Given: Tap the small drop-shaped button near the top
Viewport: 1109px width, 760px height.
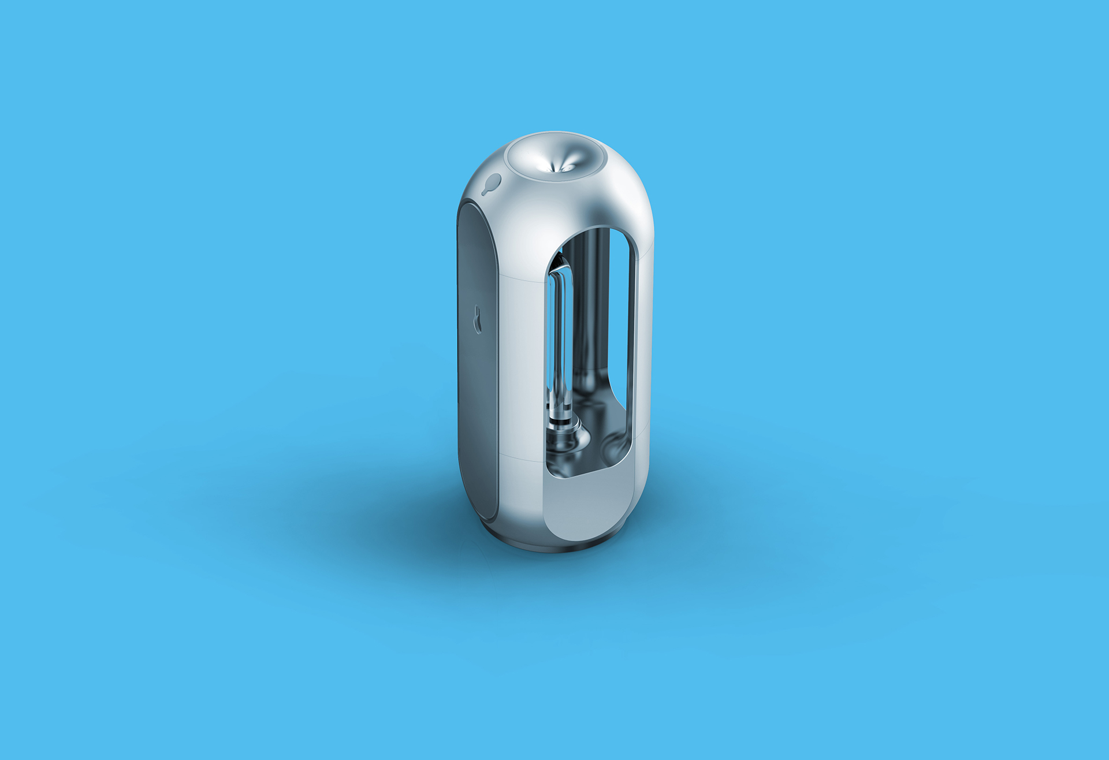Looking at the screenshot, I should pos(493,183).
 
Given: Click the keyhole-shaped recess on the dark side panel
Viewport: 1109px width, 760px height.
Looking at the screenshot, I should pos(478,319).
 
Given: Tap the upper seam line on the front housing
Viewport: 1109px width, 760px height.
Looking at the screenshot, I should pos(520,278).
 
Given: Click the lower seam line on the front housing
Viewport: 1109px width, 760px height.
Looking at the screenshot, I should pos(520,459).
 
